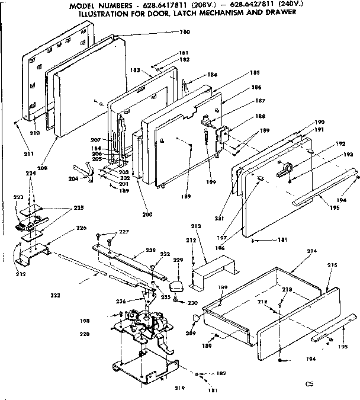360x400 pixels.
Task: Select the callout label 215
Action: coord(332,264)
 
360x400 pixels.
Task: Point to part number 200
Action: coord(147,214)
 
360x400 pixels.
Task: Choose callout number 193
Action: coord(339,155)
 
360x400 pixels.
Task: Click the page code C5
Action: coord(309,383)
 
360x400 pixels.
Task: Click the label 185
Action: coord(239,73)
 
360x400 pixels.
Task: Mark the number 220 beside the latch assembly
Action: coord(85,334)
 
